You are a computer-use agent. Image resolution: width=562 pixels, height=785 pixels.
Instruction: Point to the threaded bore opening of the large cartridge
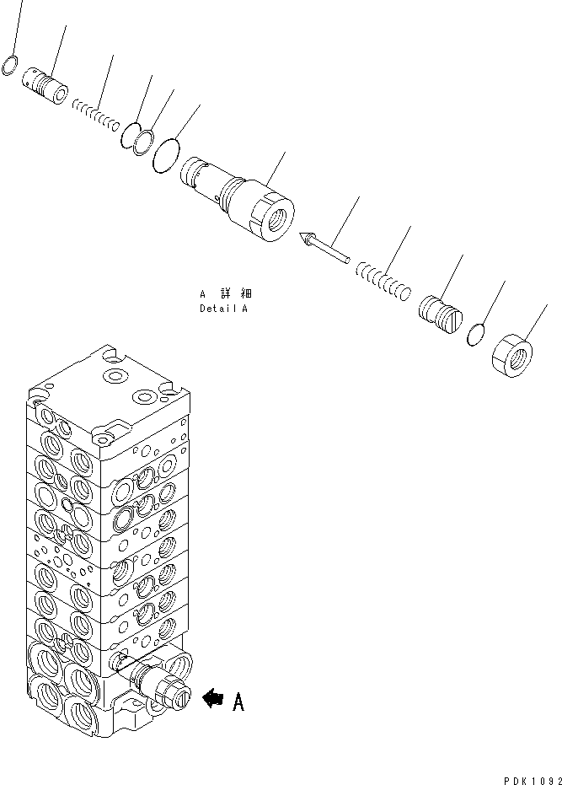(276, 215)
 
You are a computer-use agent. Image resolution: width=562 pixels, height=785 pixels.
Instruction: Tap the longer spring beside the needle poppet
(382, 280)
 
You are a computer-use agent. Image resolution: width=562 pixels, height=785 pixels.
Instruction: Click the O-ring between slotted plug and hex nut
(477, 335)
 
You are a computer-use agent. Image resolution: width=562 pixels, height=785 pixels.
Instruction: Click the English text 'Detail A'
(224, 309)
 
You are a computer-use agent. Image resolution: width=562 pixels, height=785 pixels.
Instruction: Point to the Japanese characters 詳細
(236, 294)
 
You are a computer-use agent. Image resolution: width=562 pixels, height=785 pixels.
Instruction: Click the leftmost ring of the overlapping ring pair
(131, 137)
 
